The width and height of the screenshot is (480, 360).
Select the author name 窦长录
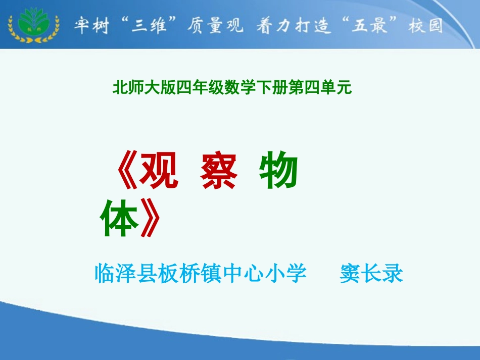(x=371, y=274)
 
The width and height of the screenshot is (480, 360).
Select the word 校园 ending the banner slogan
(x=426, y=25)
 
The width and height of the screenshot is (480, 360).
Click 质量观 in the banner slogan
(x=208, y=25)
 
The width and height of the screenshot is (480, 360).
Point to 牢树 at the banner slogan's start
(x=91, y=25)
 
